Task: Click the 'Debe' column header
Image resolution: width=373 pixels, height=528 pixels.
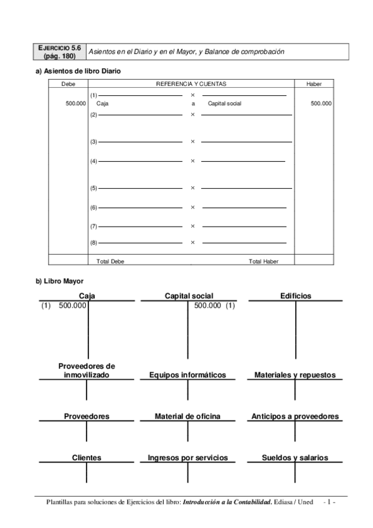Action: [68, 83]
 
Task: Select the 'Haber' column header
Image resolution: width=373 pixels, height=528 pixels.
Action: [314, 83]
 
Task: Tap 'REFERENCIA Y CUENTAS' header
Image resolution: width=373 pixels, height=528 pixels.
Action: [191, 83]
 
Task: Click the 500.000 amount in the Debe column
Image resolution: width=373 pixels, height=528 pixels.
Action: [75, 104]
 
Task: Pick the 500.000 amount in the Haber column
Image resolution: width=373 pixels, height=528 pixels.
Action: [321, 104]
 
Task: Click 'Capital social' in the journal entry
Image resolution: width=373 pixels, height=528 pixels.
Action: [224, 104]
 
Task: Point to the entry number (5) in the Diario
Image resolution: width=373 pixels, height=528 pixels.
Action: [94, 187]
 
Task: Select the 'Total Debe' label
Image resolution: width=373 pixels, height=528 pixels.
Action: [110, 262]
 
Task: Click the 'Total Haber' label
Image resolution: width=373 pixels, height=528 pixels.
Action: [263, 262]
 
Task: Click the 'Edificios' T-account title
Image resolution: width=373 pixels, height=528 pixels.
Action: [296, 296]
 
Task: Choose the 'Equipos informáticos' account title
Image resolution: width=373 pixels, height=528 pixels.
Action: [187, 375]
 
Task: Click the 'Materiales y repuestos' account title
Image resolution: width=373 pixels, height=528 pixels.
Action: [295, 375]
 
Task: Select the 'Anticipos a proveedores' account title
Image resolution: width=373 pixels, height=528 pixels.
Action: [295, 416]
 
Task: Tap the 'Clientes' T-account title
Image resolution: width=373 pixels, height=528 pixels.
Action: [87, 458]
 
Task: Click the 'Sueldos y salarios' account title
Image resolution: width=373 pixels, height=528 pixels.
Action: [296, 458]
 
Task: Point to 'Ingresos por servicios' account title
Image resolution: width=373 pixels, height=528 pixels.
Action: [187, 458]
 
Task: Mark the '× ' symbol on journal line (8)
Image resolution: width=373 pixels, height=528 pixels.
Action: [192, 242]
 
